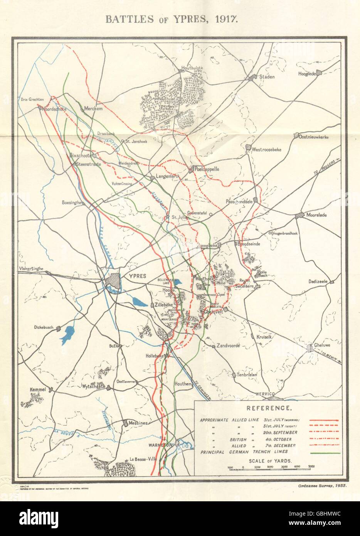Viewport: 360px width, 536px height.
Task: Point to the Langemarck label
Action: pyautogui.click(x=166, y=177)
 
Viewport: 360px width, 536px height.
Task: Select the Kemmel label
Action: pyautogui.click(x=38, y=390)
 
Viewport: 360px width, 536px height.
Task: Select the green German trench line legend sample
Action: pyautogui.click(x=324, y=453)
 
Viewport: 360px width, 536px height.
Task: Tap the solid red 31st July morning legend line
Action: pyautogui.click(x=324, y=420)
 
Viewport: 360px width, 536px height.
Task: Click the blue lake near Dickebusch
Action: pyautogui.click(x=68, y=332)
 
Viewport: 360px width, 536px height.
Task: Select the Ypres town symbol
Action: pyautogui.click(x=113, y=280)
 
